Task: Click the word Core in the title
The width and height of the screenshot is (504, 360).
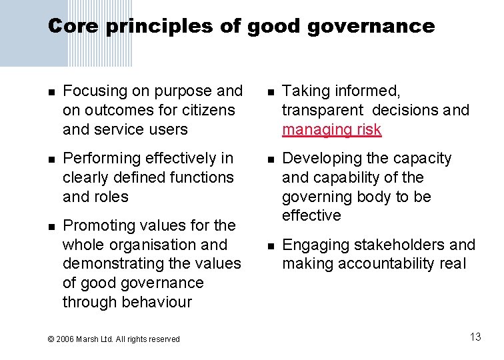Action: pos(73,27)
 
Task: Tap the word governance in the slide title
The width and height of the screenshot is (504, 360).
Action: pos(376,27)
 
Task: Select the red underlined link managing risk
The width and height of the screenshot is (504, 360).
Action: pos(331,129)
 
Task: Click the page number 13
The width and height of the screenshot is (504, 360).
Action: pos(475,337)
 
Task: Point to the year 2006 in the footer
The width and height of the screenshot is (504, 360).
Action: pos(65,339)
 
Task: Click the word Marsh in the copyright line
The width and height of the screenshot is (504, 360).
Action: pos(88,339)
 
